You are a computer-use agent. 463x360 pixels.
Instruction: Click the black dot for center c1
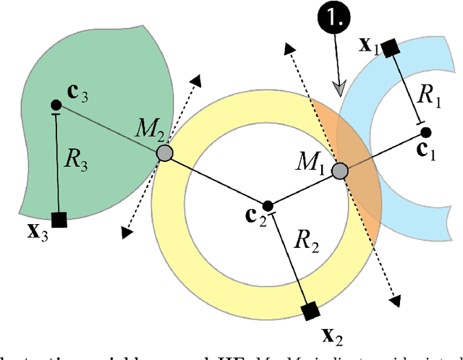click(426, 132)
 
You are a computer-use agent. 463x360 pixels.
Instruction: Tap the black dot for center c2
click(268, 205)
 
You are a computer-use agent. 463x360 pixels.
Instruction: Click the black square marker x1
click(390, 49)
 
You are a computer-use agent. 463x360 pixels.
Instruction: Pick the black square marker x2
click(310, 312)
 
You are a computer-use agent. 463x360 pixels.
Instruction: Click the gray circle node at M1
click(339, 171)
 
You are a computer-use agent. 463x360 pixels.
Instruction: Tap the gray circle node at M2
click(165, 153)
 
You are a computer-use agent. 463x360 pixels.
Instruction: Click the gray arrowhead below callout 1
click(339, 87)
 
